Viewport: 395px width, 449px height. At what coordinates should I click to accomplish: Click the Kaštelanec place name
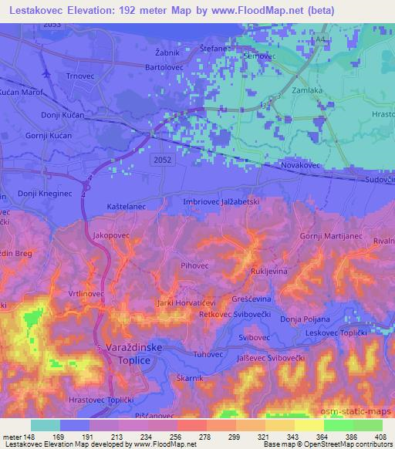(127, 208)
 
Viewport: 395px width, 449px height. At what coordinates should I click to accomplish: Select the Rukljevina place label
(270, 272)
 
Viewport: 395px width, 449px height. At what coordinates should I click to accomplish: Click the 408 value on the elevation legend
(379, 437)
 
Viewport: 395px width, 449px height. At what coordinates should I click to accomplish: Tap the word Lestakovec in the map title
(37, 11)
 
